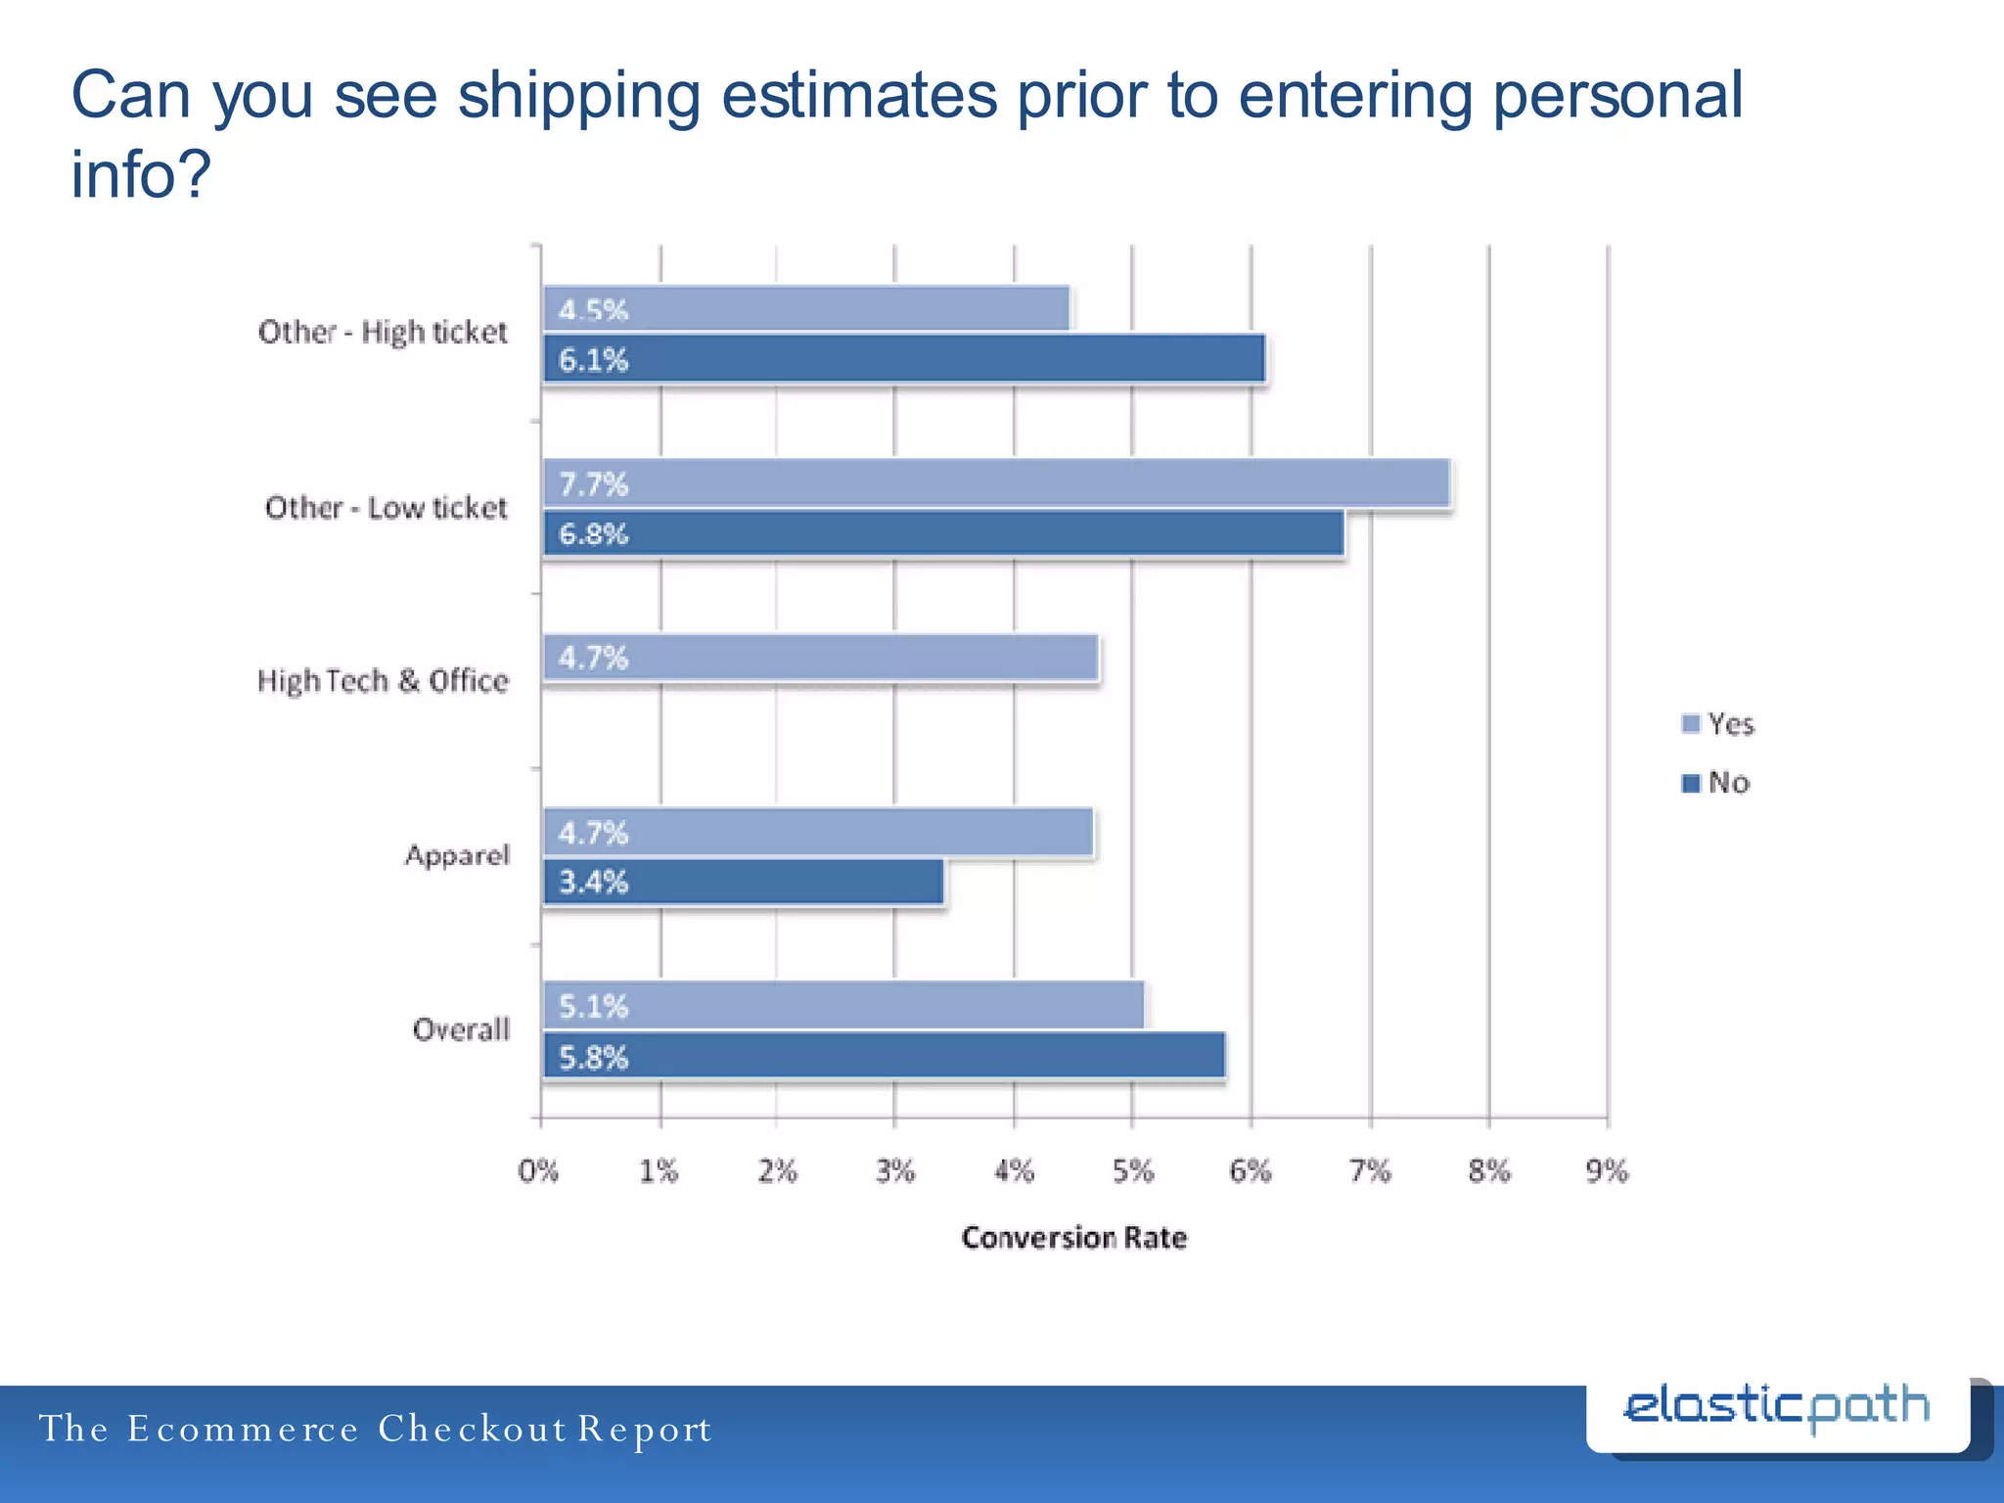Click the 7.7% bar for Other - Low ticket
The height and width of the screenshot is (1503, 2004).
pos(996,483)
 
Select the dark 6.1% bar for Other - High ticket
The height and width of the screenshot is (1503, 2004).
pos(904,358)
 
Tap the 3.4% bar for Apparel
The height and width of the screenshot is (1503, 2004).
pos(744,882)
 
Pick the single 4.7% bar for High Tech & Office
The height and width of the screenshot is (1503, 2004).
pos(820,658)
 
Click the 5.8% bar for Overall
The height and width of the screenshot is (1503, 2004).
pos(885,1056)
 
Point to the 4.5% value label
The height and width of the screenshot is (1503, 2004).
pos(593,310)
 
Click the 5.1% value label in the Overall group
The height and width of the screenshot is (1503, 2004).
pos(593,1006)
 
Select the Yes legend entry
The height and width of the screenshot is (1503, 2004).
pos(1719,724)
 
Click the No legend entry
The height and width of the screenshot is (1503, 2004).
pos(1717,783)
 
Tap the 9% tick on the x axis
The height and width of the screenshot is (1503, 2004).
pos(1607,1170)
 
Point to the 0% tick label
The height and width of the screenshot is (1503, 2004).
pos(538,1170)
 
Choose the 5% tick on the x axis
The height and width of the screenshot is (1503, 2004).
pos(1133,1170)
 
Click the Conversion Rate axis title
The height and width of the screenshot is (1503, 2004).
pos(1073,1238)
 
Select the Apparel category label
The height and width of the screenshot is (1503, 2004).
pos(457,855)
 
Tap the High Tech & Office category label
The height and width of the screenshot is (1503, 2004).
pos(383,680)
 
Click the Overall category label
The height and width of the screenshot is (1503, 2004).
pos(461,1029)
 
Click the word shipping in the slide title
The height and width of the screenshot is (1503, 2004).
pos(578,96)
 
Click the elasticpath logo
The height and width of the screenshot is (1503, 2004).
pos(1776,1409)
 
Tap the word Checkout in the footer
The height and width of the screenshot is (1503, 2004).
pos(472,1429)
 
